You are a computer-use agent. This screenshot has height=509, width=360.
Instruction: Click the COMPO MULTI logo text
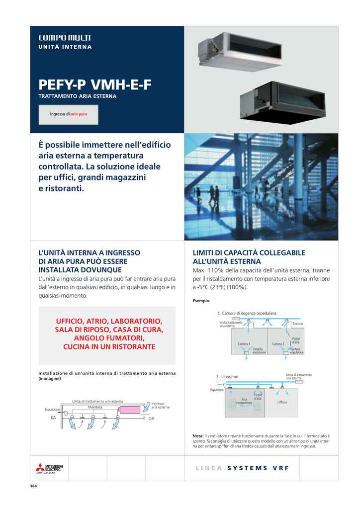point(64,38)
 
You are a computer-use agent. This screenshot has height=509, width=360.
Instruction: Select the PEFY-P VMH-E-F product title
point(94,85)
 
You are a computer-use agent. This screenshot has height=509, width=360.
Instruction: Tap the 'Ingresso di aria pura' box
point(69,114)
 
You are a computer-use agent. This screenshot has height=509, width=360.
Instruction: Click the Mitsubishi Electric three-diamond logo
point(40,467)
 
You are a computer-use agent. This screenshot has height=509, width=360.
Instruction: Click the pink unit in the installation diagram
point(131,410)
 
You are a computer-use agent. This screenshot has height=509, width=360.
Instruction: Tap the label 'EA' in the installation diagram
point(53,419)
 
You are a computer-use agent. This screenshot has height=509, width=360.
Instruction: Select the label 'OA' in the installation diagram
point(152,419)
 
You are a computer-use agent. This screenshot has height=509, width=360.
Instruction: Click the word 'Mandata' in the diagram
point(95,407)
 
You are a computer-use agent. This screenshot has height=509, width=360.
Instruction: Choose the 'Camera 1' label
point(244,344)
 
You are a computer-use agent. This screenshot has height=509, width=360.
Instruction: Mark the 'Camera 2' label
point(277,344)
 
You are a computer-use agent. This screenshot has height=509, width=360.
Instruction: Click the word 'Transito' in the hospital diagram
point(298,324)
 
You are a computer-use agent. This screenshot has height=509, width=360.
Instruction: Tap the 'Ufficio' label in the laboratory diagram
point(282,402)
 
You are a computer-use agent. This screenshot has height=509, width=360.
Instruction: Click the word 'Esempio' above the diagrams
point(201,301)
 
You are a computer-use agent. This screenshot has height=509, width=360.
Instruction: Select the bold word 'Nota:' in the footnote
point(198,436)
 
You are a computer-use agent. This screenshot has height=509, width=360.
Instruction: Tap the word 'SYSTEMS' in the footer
point(247,468)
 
